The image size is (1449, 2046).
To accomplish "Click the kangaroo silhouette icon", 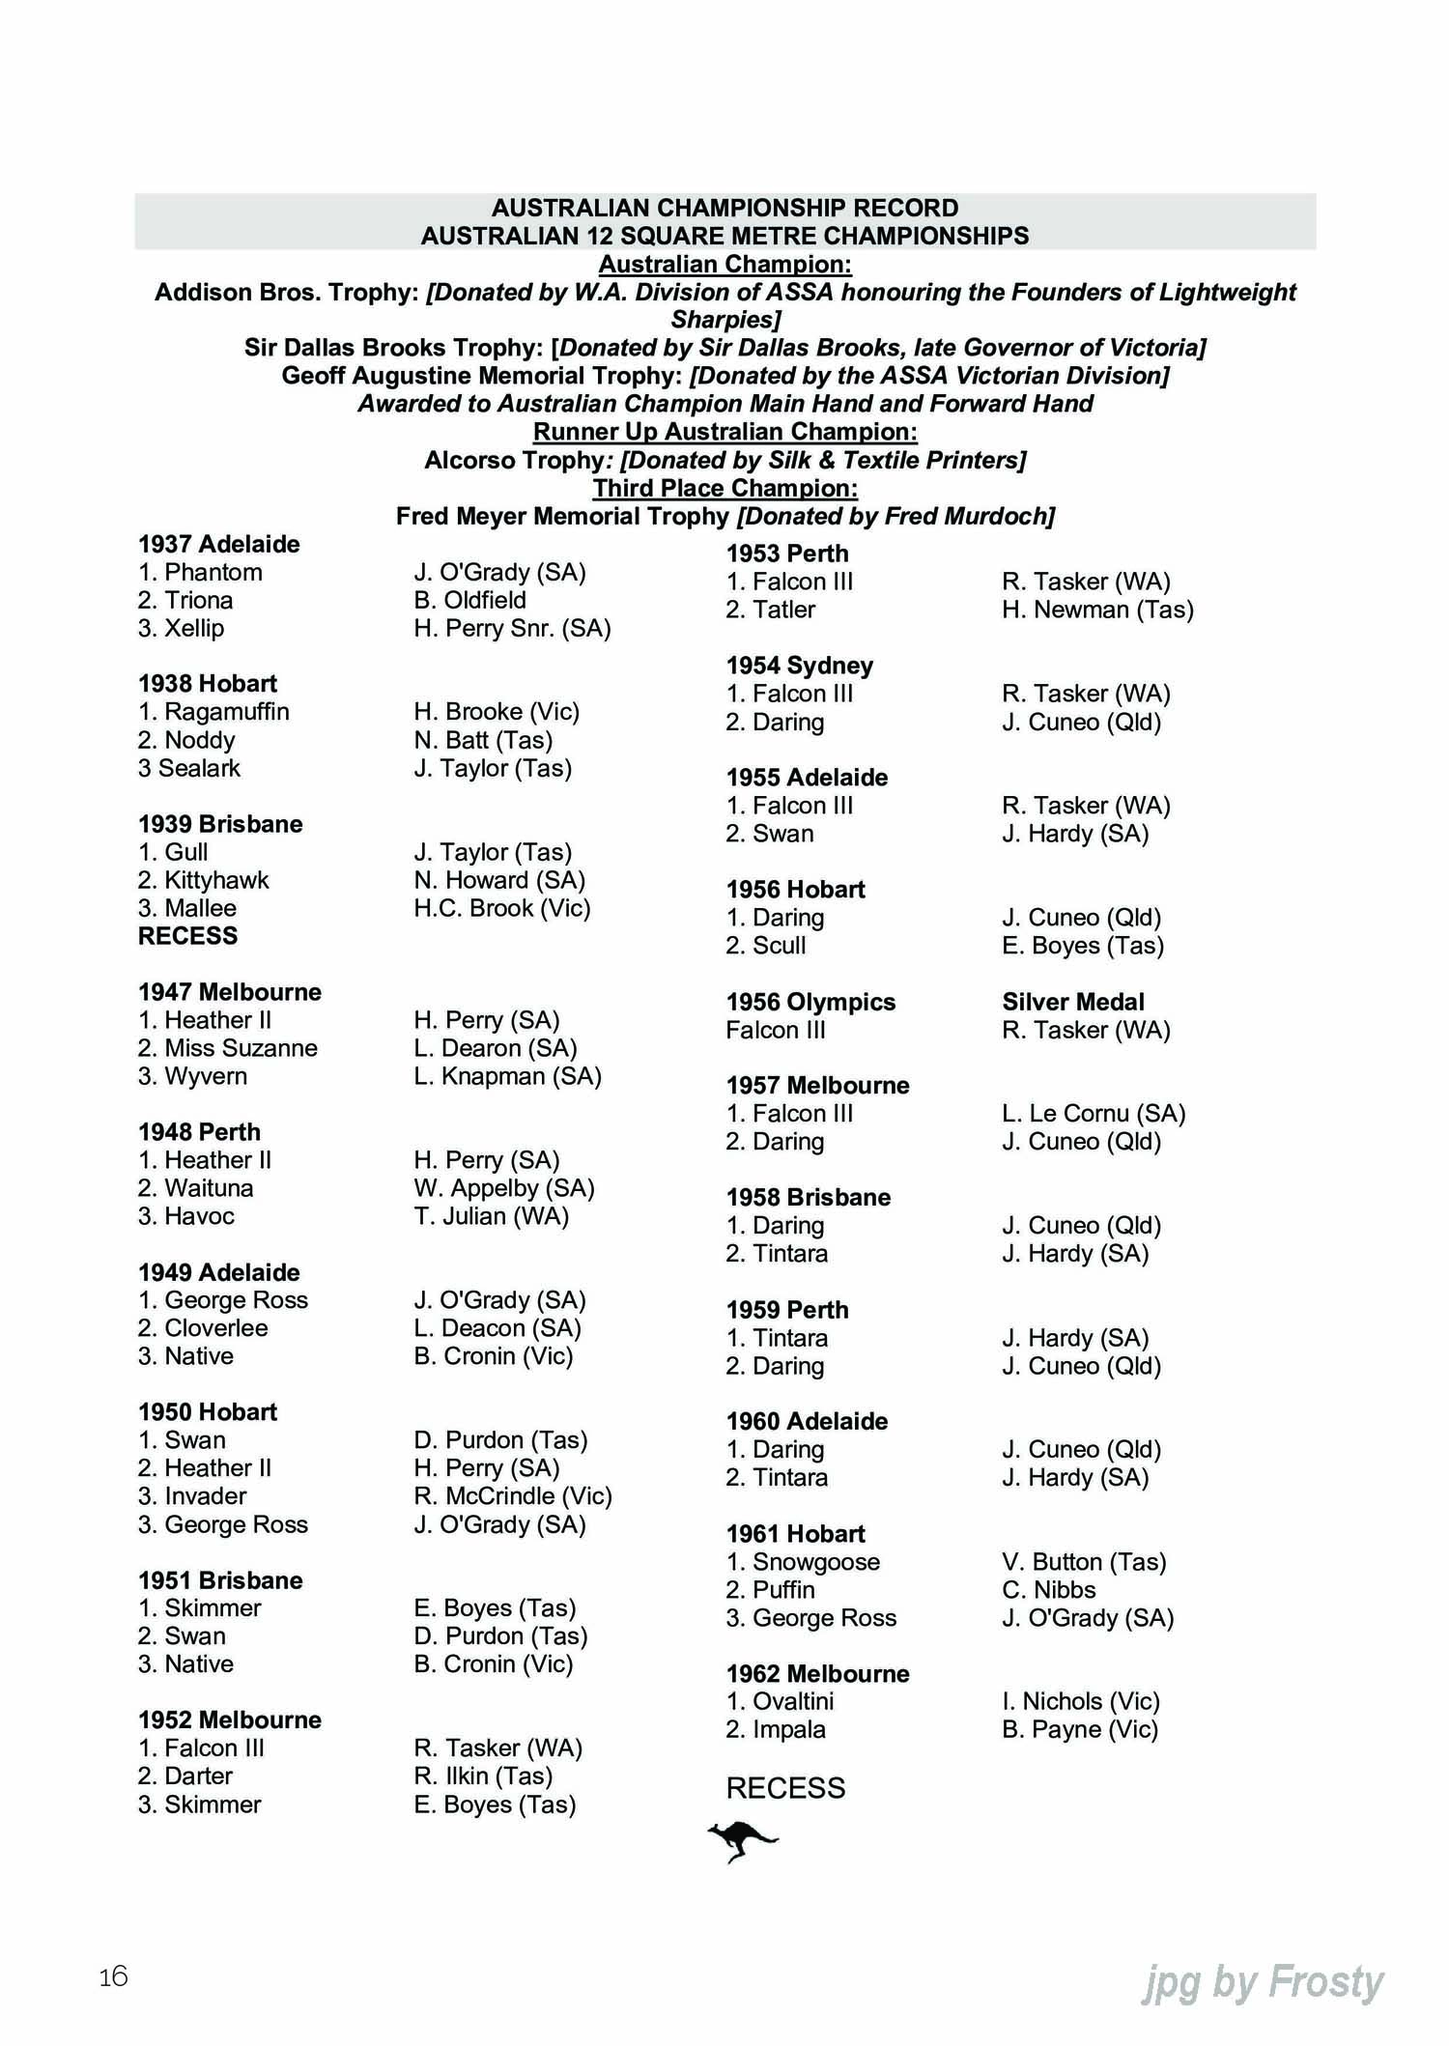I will click(742, 1841).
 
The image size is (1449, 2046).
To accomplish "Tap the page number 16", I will click(113, 1976).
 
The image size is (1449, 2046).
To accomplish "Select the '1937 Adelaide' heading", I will click(218, 544).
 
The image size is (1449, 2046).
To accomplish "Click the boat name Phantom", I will click(213, 572).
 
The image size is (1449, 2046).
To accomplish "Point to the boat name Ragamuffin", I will click(226, 712).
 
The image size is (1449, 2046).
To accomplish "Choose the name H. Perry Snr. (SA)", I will click(512, 628).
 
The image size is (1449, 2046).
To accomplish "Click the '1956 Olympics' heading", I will click(810, 1002).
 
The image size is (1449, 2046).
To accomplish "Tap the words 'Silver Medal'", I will click(1072, 1002).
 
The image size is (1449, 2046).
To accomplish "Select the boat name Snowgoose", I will click(815, 1562).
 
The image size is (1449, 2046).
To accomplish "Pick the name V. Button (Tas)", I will click(1084, 1562).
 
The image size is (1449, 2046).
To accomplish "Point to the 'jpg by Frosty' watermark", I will click(1263, 1982).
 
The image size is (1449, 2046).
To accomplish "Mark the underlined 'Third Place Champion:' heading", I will click(724, 488).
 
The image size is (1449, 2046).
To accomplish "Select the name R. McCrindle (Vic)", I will click(513, 1496).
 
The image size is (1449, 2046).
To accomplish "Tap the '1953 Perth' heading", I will click(787, 554).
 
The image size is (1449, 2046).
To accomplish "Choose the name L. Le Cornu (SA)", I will click(1094, 1114).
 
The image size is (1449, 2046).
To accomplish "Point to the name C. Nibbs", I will click(1048, 1590).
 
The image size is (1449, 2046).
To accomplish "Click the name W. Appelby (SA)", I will click(503, 1188).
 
